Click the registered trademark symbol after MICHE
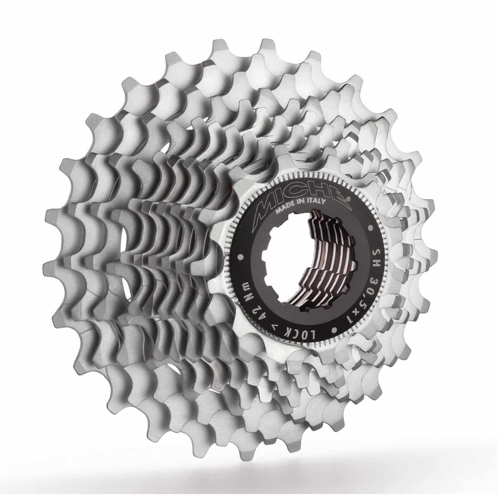348,197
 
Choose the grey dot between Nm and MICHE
241,257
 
